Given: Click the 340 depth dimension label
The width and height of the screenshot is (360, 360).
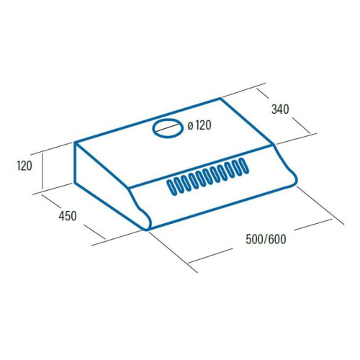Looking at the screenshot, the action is (x=280, y=109).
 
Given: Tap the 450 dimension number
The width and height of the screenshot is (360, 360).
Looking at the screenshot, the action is (x=68, y=216).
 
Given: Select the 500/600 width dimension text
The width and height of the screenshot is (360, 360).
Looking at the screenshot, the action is (x=266, y=239).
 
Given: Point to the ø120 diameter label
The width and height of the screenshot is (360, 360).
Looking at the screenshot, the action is (x=199, y=125).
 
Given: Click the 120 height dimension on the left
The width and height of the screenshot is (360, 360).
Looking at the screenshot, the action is (x=24, y=166).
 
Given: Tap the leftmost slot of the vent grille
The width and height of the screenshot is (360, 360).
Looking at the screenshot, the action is (x=171, y=187).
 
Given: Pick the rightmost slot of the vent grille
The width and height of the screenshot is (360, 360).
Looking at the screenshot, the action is (x=243, y=166).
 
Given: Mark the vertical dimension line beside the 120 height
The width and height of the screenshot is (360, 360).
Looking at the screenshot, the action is (x=42, y=170).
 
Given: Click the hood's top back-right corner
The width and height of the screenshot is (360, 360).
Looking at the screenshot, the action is (x=220, y=99).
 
